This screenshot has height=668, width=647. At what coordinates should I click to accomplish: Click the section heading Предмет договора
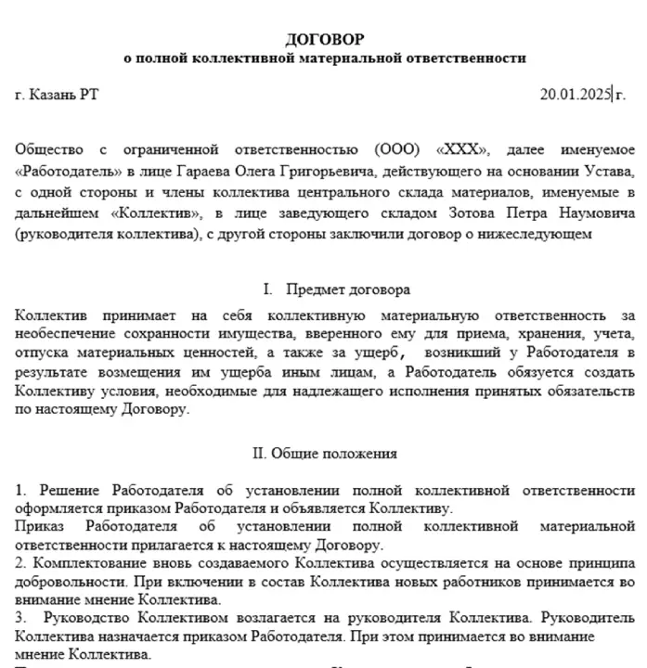click(x=348, y=290)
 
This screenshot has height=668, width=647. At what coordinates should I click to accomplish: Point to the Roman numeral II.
click(x=259, y=454)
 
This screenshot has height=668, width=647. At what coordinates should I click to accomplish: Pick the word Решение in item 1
click(x=66, y=489)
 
